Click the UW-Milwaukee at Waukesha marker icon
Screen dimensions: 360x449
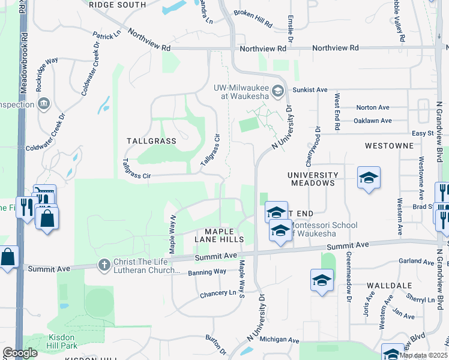tap(277, 91)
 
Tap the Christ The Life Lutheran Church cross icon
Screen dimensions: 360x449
tap(104, 264)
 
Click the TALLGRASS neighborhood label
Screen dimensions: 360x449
tap(151, 141)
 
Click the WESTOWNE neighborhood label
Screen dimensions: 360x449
tap(389, 146)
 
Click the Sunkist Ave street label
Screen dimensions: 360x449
tap(310, 89)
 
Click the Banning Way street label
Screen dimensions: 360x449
tap(208, 272)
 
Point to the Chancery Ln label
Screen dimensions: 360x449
tap(218, 293)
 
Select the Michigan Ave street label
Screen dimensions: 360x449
tap(280, 340)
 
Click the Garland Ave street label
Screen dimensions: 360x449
tap(415, 262)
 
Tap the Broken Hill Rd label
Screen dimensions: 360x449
tap(253, 20)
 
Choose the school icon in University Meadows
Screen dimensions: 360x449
tap(369, 178)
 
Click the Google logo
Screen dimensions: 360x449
tap(20, 353)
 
